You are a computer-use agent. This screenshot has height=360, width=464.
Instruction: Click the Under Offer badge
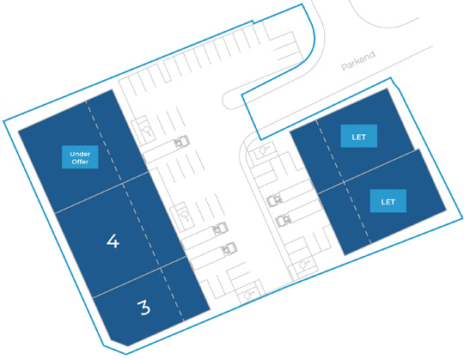coord(80,157)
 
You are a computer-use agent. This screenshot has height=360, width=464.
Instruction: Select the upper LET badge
coord(358,136)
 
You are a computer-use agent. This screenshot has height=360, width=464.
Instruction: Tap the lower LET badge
coord(388,201)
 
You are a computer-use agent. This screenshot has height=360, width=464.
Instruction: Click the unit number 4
coord(113,241)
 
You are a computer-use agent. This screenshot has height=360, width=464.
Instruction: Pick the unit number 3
coord(144,308)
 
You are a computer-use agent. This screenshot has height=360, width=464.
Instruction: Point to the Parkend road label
coord(358,61)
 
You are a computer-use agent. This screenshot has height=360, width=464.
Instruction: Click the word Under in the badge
coord(80,154)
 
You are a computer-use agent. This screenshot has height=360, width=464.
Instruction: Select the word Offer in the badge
coord(80,162)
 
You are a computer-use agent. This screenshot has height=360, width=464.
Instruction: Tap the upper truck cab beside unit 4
coord(221,228)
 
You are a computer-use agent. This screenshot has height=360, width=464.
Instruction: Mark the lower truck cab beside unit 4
coord(229,248)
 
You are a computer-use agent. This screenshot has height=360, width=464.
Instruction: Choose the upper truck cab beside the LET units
coord(274,200)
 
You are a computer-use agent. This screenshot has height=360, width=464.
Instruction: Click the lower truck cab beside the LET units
coord(283,220)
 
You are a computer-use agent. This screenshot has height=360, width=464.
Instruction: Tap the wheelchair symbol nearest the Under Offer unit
coord(147,130)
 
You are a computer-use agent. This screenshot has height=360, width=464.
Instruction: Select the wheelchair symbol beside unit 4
coord(185,215)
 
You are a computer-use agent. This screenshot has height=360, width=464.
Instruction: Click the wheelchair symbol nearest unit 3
coord(248,295)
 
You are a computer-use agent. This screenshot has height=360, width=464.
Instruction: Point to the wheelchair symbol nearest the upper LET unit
coord(263,151)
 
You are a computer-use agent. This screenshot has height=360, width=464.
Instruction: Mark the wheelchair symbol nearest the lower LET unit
coord(304,265)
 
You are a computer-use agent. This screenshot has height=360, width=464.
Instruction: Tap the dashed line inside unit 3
coord(172,294)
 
